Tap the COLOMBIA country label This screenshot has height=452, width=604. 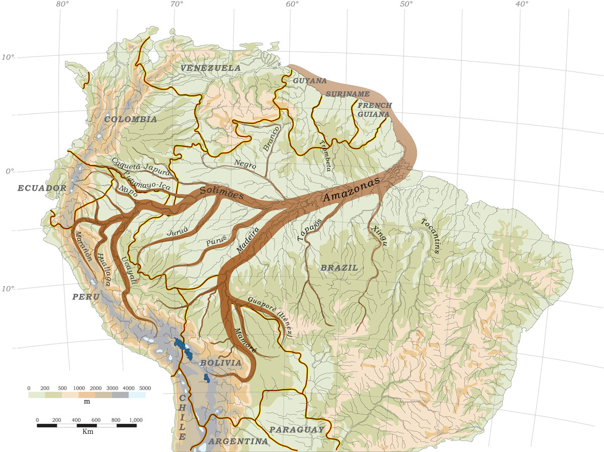[x=131, y=119]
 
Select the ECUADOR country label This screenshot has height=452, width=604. [x=42, y=188]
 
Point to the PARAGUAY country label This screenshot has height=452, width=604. [x=296, y=429]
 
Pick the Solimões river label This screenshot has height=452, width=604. [x=221, y=193]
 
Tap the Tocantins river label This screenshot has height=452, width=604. [x=432, y=236]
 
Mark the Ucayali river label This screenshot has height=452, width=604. [x=128, y=272]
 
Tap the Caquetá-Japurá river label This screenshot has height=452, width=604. [x=141, y=167]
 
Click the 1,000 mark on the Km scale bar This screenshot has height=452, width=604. [x=136, y=419]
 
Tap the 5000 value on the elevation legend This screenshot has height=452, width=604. [x=144, y=388]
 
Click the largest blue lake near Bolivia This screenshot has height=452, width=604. [x=179, y=345]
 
